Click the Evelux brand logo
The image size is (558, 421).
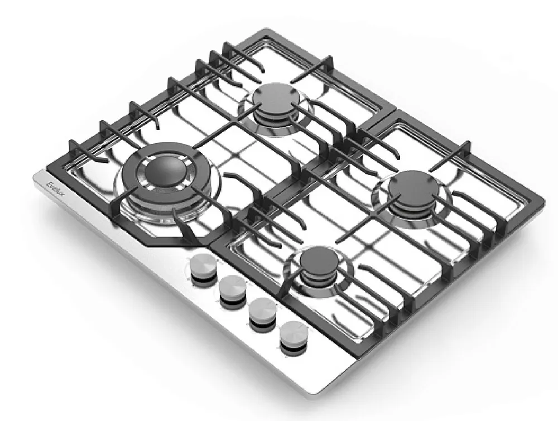[56, 185]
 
